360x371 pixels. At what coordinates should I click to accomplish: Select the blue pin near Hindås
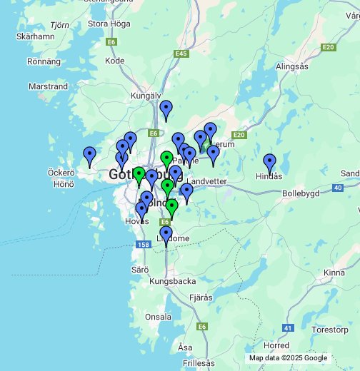[x=269, y=163]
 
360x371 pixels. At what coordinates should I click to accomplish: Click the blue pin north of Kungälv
[x=166, y=109]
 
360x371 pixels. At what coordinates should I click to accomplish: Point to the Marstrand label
[x=48, y=86]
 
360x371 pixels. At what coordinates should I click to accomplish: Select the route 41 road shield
[x=288, y=328]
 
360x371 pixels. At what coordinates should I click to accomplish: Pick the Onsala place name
[x=158, y=317]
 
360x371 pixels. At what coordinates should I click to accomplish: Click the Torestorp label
[x=329, y=330]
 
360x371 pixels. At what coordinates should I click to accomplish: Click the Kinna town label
[x=334, y=273]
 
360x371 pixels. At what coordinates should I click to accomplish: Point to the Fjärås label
[x=201, y=297]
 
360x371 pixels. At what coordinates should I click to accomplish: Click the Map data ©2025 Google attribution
[x=288, y=358]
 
